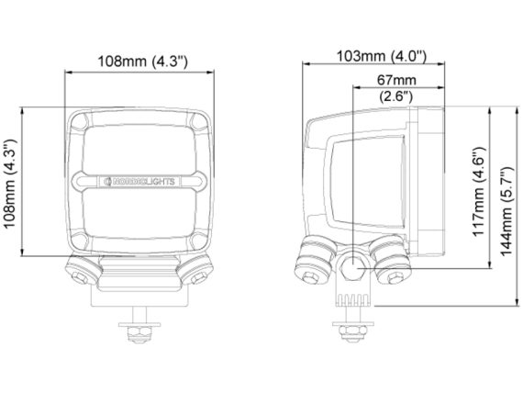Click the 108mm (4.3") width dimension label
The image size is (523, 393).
(142, 62)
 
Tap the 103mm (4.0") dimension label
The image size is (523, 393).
(382, 56)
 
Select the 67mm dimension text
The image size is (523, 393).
(396, 80)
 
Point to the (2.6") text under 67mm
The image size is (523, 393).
(396, 96)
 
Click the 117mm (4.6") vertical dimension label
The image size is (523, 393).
(479, 191)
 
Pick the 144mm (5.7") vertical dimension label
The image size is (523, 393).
(507, 210)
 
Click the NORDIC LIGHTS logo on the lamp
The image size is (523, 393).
(139, 182)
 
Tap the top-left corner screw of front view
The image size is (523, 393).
(80, 122)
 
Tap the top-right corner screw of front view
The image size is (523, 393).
(199, 122)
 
